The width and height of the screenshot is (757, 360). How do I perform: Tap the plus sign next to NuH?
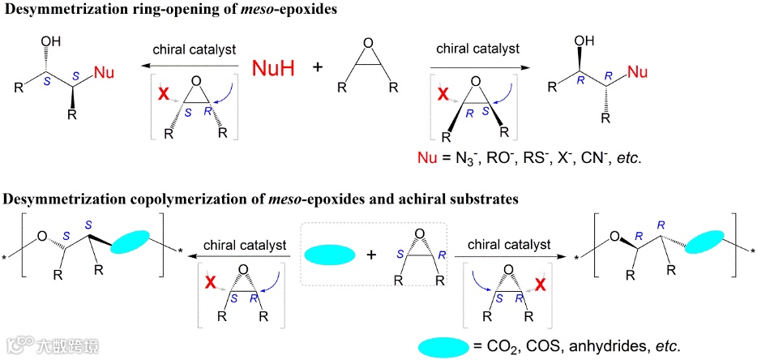point(318,68)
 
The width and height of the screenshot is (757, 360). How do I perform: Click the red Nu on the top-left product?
point(104,74)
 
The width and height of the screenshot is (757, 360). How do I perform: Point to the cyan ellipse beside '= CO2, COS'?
point(443,346)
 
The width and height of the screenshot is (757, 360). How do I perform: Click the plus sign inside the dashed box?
point(372,255)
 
